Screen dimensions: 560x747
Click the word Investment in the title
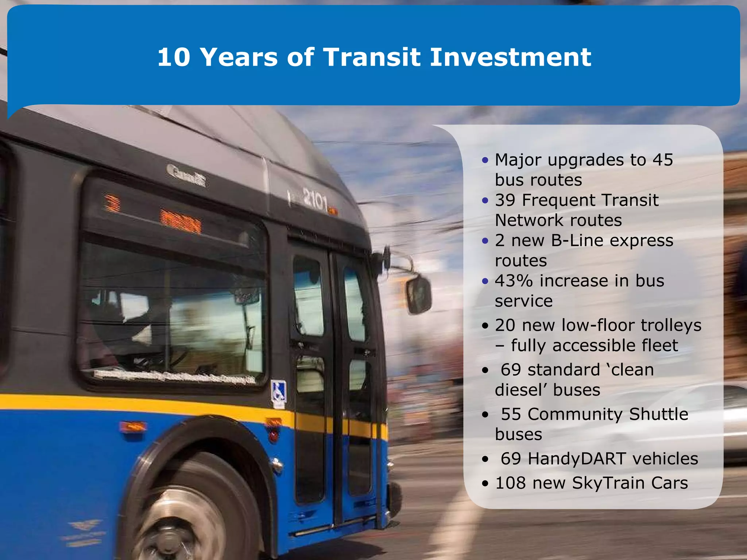click(x=510, y=57)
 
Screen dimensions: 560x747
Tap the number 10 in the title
click(x=174, y=57)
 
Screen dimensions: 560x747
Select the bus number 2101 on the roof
click(x=316, y=200)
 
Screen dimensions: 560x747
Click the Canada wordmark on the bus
click(x=186, y=175)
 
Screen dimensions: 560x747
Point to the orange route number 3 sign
click(x=112, y=203)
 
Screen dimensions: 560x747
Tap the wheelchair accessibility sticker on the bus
click(x=279, y=392)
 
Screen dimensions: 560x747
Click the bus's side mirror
click(x=419, y=295)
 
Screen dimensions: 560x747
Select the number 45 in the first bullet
click(x=663, y=160)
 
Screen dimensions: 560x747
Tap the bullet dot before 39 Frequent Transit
click(x=485, y=201)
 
